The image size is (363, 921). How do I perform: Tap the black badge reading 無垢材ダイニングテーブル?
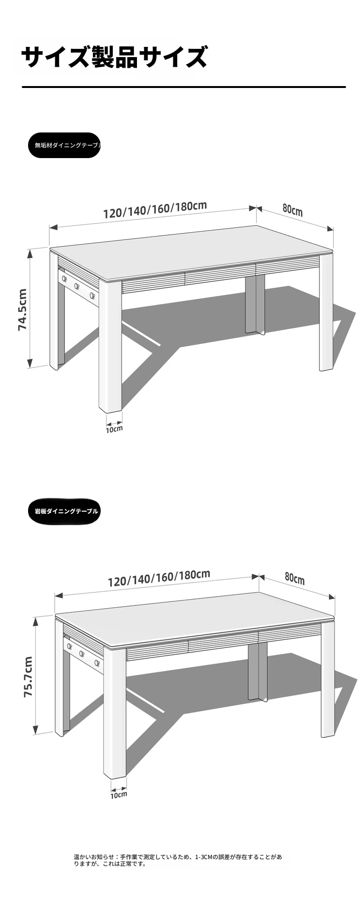pos(64,145)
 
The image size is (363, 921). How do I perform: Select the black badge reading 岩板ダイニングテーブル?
pos(64,511)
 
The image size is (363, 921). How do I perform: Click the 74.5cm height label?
pos(23,309)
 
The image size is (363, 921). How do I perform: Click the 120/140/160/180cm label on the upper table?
pos(155,209)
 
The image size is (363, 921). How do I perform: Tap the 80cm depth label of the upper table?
pos(292,210)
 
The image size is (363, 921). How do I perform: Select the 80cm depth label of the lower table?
pos(295,578)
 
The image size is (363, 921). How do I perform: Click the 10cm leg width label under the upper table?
pos(114,429)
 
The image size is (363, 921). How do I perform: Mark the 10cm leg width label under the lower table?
pos(119,794)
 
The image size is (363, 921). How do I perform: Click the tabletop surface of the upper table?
pos(194,251)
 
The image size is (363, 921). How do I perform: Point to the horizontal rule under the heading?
pos(184,87)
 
